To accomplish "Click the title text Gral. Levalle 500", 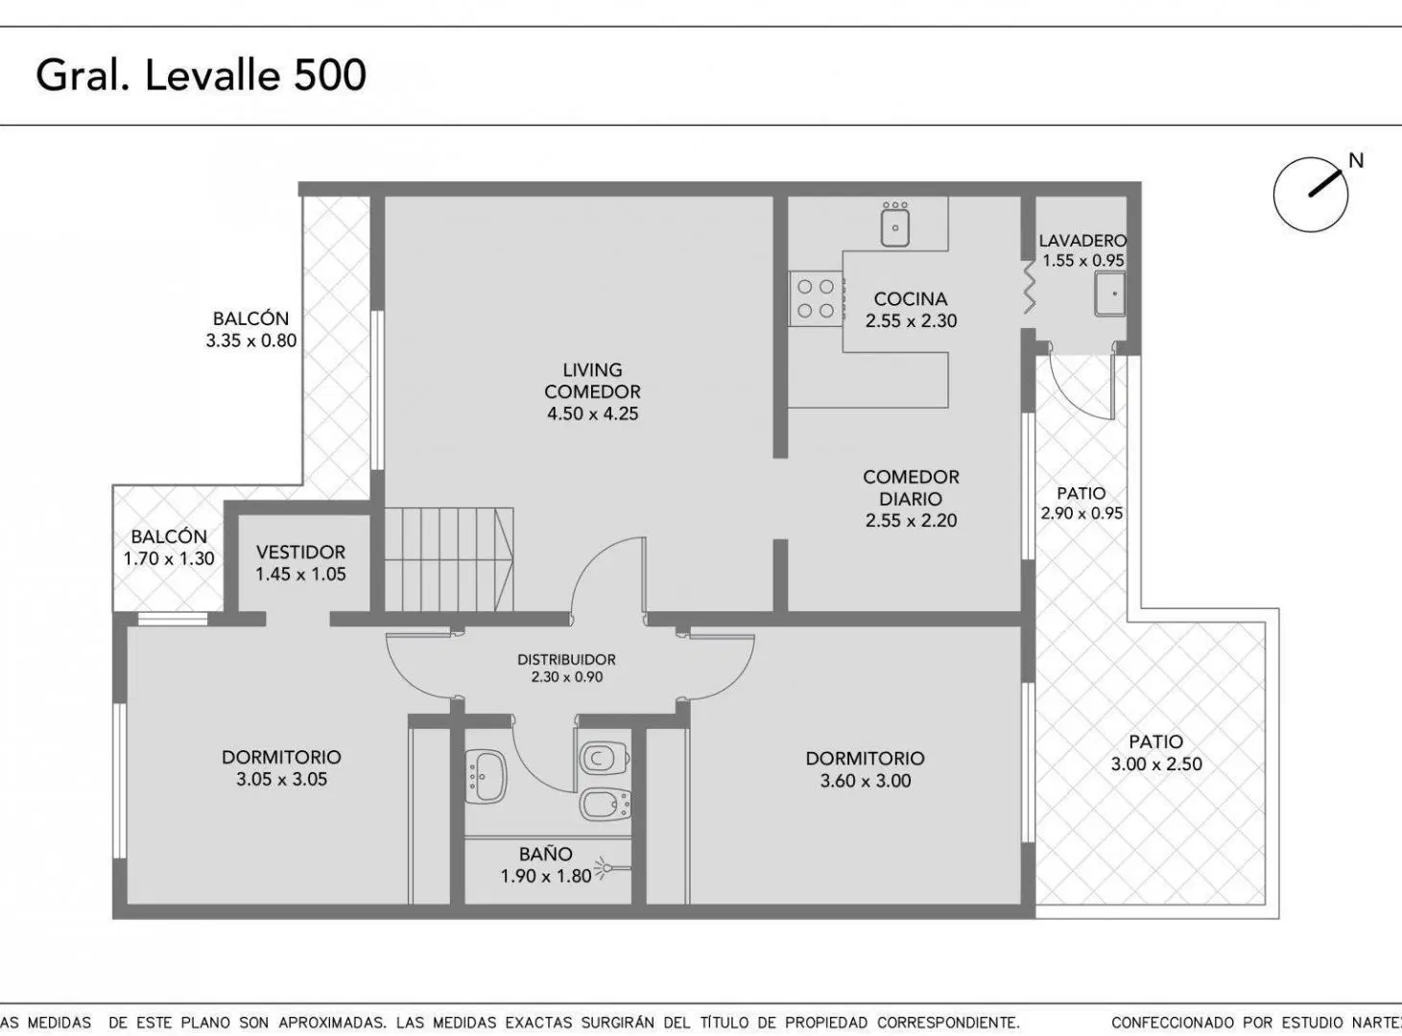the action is pos(201,76).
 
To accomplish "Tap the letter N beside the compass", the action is pos(1356,161).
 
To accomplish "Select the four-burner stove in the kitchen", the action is pos(816,298).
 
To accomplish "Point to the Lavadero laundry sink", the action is pos(1110,294).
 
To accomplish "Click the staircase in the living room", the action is pos(449,559).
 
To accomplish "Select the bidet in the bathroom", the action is pos(605,805).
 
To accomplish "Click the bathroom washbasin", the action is pos(487,776).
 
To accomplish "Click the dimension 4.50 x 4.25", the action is pos(593,414).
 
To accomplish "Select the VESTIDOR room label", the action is pos(301,553).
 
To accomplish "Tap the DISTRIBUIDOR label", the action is pos(566,660).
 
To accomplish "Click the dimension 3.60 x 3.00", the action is pos(866,781).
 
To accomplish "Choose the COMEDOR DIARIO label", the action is pos(911,488).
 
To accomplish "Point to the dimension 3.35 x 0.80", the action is pos(251,341).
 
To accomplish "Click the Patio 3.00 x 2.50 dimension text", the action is pos(1156,765).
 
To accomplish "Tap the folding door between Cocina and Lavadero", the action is pos(1029,288).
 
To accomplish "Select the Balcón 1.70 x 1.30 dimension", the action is pos(169,559).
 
